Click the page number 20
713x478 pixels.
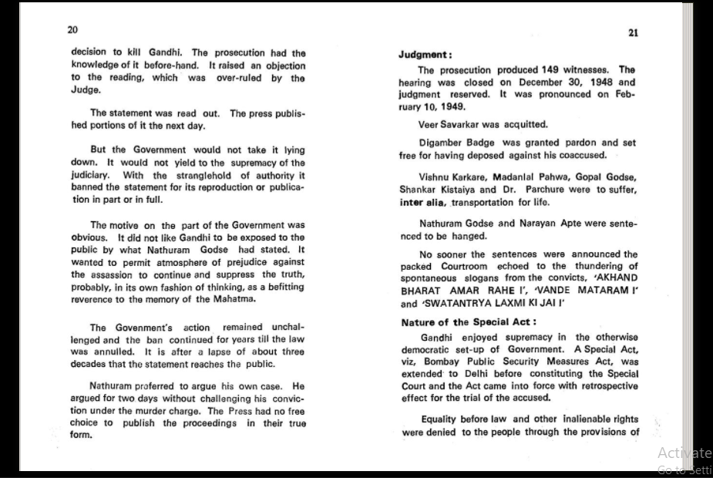72,29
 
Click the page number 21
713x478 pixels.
634,32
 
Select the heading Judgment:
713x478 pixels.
425,55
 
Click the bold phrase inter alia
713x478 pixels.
422,202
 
